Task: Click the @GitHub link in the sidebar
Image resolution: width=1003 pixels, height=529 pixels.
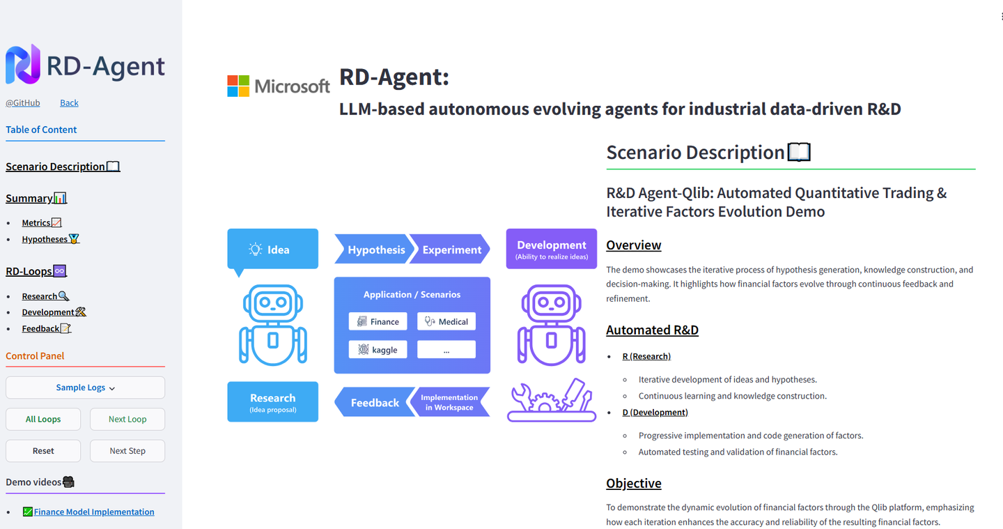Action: pyautogui.click(x=23, y=103)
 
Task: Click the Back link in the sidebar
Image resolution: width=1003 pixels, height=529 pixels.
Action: pyautogui.click(x=69, y=103)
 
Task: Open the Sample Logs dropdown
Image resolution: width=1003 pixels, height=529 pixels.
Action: pyautogui.click(x=85, y=388)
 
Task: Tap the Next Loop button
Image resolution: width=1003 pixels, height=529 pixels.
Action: pyautogui.click(x=127, y=419)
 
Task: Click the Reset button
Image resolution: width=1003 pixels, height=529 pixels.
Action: pyautogui.click(x=43, y=451)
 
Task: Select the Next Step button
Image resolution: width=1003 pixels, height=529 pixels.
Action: pyautogui.click(x=127, y=451)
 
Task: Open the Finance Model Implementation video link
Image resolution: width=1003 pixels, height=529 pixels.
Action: pyautogui.click(x=94, y=512)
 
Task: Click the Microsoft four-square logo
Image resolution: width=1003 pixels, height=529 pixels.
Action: pyautogui.click(x=238, y=86)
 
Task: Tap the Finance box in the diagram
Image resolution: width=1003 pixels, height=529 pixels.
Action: pyautogui.click(x=378, y=321)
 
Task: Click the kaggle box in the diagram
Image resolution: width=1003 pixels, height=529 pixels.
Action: pyautogui.click(x=378, y=350)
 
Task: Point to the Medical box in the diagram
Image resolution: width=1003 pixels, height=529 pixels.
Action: pyautogui.click(x=446, y=321)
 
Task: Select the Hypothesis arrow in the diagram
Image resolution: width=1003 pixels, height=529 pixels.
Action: pyautogui.click(x=373, y=250)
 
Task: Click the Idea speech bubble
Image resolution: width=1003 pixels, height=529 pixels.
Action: pyautogui.click(x=272, y=250)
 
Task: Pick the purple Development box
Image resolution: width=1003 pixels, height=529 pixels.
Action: pyautogui.click(x=551, y=249)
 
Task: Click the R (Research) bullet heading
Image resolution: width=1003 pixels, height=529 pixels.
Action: pyautogui.click(x=646, y=356)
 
